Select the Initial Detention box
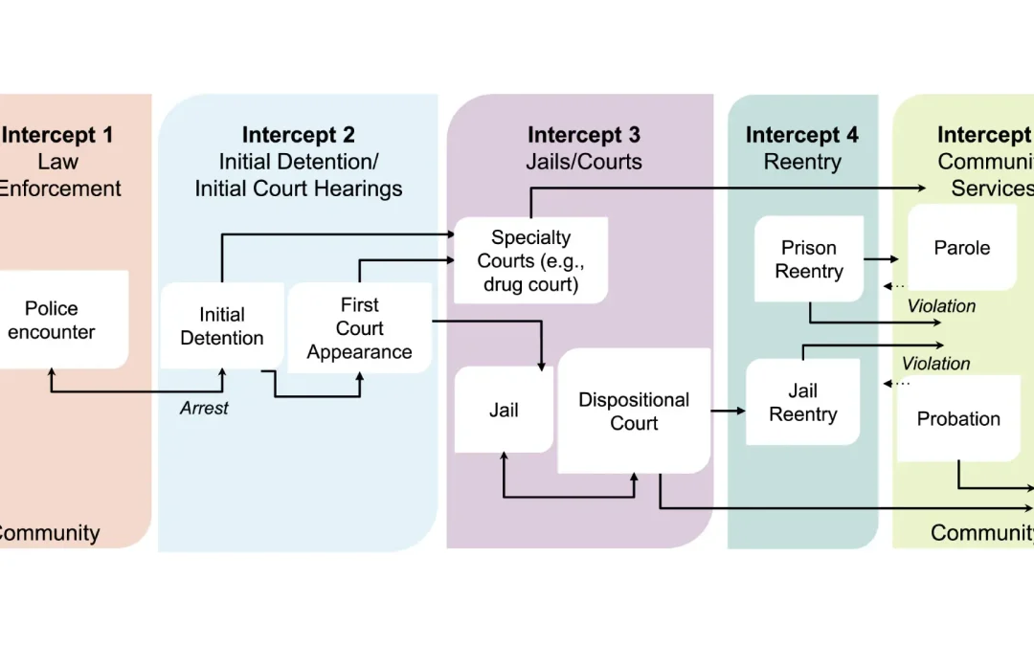point(221,326)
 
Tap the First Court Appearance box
point(359,328)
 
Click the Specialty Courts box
point(530,260)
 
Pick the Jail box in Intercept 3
point(504,411)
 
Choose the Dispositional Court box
point(634,412)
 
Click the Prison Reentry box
point(809,259)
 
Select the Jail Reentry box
point(802,402)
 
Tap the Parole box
point(961,248)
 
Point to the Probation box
point(958,419)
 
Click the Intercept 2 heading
point(298,136)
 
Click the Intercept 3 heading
point(583,136)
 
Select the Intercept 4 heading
point(801,136)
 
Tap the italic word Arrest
point(204,408)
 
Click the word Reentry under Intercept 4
point(801,163)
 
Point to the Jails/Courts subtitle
point(583,163)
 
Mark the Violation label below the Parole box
point(941,306)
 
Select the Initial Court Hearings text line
point(298,189)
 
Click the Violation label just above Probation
point(935,364)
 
